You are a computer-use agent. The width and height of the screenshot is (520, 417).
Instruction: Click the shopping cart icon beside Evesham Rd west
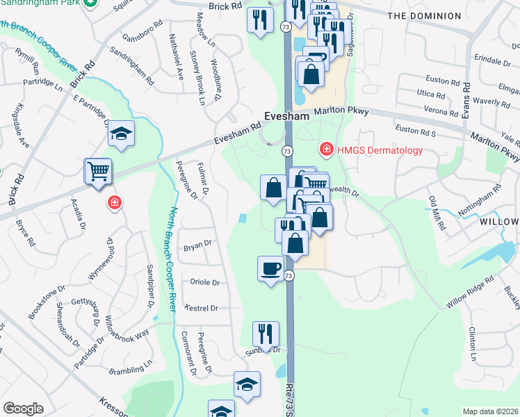pyautogui.click(x=98, y=171)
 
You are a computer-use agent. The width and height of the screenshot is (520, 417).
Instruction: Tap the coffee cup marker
pyautogui.click(x=270, y=268)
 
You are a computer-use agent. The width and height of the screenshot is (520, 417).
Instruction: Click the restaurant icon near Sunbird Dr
pyautogui.click(x=265, y=334)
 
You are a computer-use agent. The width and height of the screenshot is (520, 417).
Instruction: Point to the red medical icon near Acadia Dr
pyautogui.click(x=114, y=203)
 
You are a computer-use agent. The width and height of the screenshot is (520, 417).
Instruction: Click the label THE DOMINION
pyautogui.click(x=423, y=15)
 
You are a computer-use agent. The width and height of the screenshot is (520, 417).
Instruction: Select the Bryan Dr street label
pyautogui.click(x=197, y=244)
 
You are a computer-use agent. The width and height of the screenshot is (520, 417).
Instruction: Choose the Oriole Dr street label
pyautogui.click(x=204, y=283)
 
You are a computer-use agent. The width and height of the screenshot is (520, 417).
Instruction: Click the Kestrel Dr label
pyautogui.click(x=202, y=308)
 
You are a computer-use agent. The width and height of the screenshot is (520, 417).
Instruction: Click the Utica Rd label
pyautogui.click(x=431, y=94)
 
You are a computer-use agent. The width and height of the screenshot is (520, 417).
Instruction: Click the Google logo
pyautogui.click(x=24, y=409)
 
